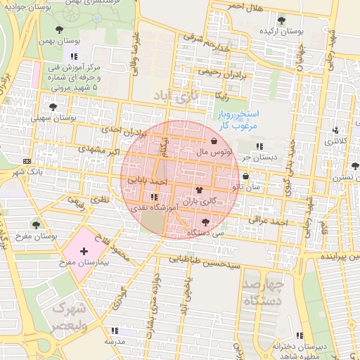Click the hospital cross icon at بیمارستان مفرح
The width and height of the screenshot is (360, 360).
tap(84, 251)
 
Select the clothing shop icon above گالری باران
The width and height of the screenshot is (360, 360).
tap(199, 190)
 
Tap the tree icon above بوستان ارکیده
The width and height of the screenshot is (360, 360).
tap(282, 20)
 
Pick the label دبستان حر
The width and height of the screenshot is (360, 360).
tap(255, 157)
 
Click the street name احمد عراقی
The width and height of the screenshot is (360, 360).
tap(273, 221)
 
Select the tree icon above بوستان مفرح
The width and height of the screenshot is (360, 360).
tap(35, 225)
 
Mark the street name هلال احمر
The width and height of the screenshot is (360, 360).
tap(244, 7)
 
